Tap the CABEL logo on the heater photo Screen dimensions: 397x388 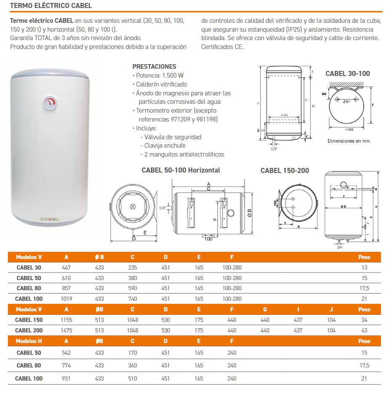tap(50, 219)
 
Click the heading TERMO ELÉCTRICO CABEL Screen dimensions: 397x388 tap(51, 6)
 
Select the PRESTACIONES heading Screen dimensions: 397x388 tap(154, 67)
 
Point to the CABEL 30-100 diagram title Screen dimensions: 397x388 tap(348, 73)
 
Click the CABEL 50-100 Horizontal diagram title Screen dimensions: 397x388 tap(181, 170)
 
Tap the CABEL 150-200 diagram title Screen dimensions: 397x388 tap(285, 170)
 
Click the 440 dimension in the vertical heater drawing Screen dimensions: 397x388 tap(284, 115)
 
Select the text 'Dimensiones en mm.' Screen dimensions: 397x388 tap(349, 141)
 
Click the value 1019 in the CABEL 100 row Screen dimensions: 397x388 tap(67, 299)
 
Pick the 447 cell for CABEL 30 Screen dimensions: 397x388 tap(67, 267)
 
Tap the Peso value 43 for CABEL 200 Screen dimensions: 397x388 tap(364, 330)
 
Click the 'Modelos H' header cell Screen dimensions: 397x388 tap(29, 341)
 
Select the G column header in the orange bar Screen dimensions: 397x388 tap(265, 309)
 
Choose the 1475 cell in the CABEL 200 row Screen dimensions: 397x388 tap(67, 330)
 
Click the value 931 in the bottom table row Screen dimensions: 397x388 tap(67, 378)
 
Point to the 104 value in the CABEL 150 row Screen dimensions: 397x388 tap(332, 320)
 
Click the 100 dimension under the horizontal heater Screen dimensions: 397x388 tap(208, 239)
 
